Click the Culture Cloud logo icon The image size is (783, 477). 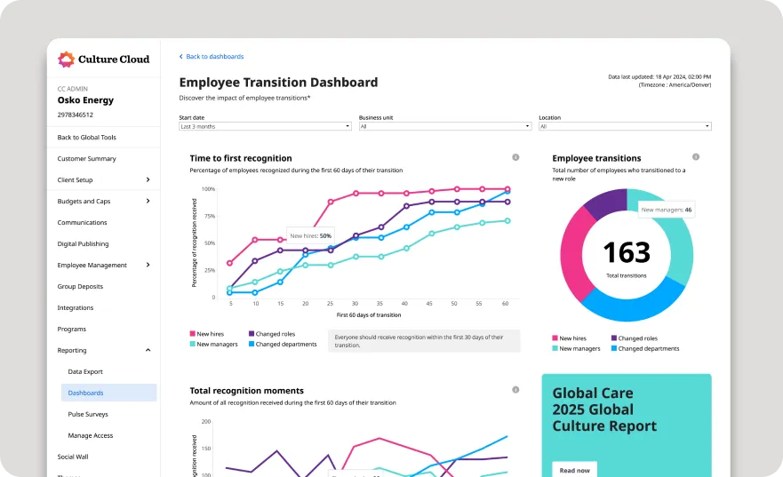66,60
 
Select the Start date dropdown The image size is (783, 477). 265,126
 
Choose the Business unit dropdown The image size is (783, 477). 444,126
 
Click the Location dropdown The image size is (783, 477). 624,126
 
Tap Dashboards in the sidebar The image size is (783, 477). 85,393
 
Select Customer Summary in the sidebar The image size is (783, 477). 86,158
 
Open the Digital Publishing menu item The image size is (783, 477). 83,243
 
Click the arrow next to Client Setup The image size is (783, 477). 148,179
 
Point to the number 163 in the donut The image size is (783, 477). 627,253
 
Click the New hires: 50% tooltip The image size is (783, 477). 310,235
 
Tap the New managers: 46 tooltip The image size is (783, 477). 666,210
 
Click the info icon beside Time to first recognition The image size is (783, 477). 515,157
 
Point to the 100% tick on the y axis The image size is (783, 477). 208,189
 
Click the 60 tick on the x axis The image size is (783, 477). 505,303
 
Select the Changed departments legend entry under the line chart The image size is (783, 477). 285,344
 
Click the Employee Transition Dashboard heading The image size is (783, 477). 278,82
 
